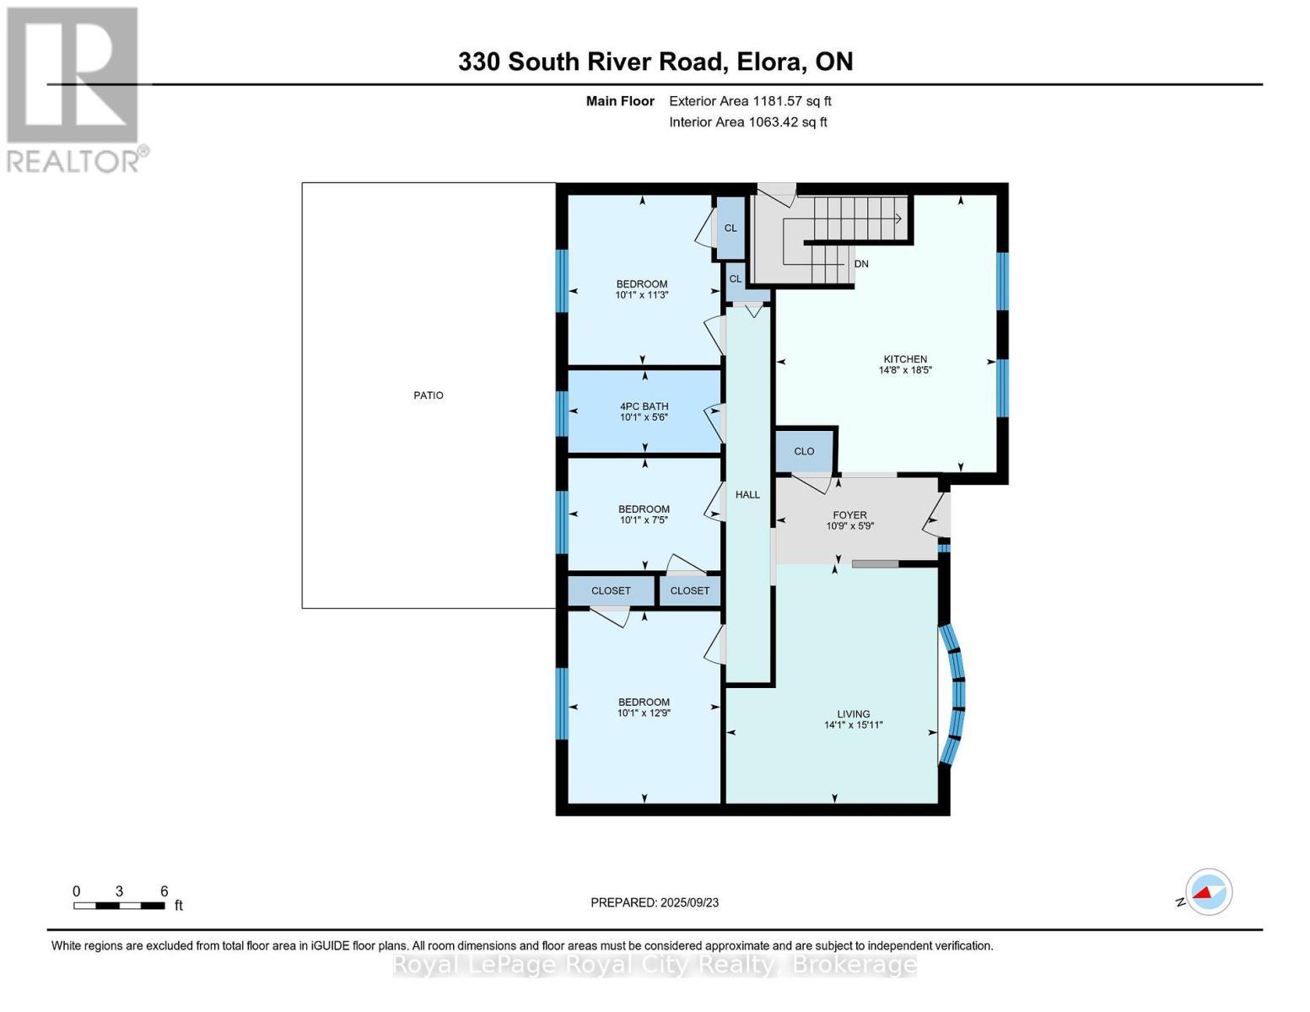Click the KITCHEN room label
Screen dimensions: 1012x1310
[905, 359]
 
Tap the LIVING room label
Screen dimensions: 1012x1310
[854, 714]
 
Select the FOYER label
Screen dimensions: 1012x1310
[849, 515]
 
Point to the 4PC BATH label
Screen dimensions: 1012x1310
[644, 406]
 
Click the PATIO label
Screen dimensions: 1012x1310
[429, 396]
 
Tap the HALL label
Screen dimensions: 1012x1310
[747, 495]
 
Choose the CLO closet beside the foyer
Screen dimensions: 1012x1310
[804, 451]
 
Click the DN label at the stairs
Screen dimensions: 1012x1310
[861, 264]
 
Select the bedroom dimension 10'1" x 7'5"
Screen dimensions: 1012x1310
[644, 520]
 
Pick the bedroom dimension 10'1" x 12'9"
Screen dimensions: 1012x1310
[644, 713]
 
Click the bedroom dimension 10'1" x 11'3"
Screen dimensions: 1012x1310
[642, 295]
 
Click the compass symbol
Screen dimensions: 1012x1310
[1208, 892]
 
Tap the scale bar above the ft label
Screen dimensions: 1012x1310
[119, 906]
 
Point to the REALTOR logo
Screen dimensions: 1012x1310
[74, 89]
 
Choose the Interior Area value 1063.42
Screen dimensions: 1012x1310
[774, 122]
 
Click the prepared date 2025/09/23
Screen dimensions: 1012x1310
[689, 902]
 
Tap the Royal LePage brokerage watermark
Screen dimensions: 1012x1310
[655, 965]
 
